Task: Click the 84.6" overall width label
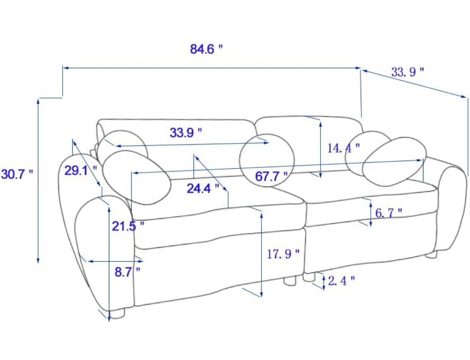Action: [x=206, y=49]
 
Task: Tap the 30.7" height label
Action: [x=17, y=174]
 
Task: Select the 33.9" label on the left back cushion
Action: [x=186, y=133]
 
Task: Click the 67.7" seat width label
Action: [x=271, y=176]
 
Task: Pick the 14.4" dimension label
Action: [x=343, y=148]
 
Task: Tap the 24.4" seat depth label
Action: [x=203, y=188]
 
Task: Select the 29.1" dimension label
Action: [x=81, y=170]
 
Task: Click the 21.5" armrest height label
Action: [x=128, y=226]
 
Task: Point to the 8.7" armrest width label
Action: [x=127, y=272]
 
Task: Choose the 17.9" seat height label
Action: [x=283, y=254]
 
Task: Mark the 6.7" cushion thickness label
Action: [x=388, y=213]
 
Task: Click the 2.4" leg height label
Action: [x=341, y=281]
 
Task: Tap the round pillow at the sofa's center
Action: [x=267, y=160]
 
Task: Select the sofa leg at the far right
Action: [x=431, y=254]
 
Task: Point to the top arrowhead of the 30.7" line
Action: [x=38, y=101]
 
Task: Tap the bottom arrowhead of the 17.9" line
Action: [x=262, y=295]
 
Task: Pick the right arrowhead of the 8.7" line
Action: [x=141, y=262]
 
